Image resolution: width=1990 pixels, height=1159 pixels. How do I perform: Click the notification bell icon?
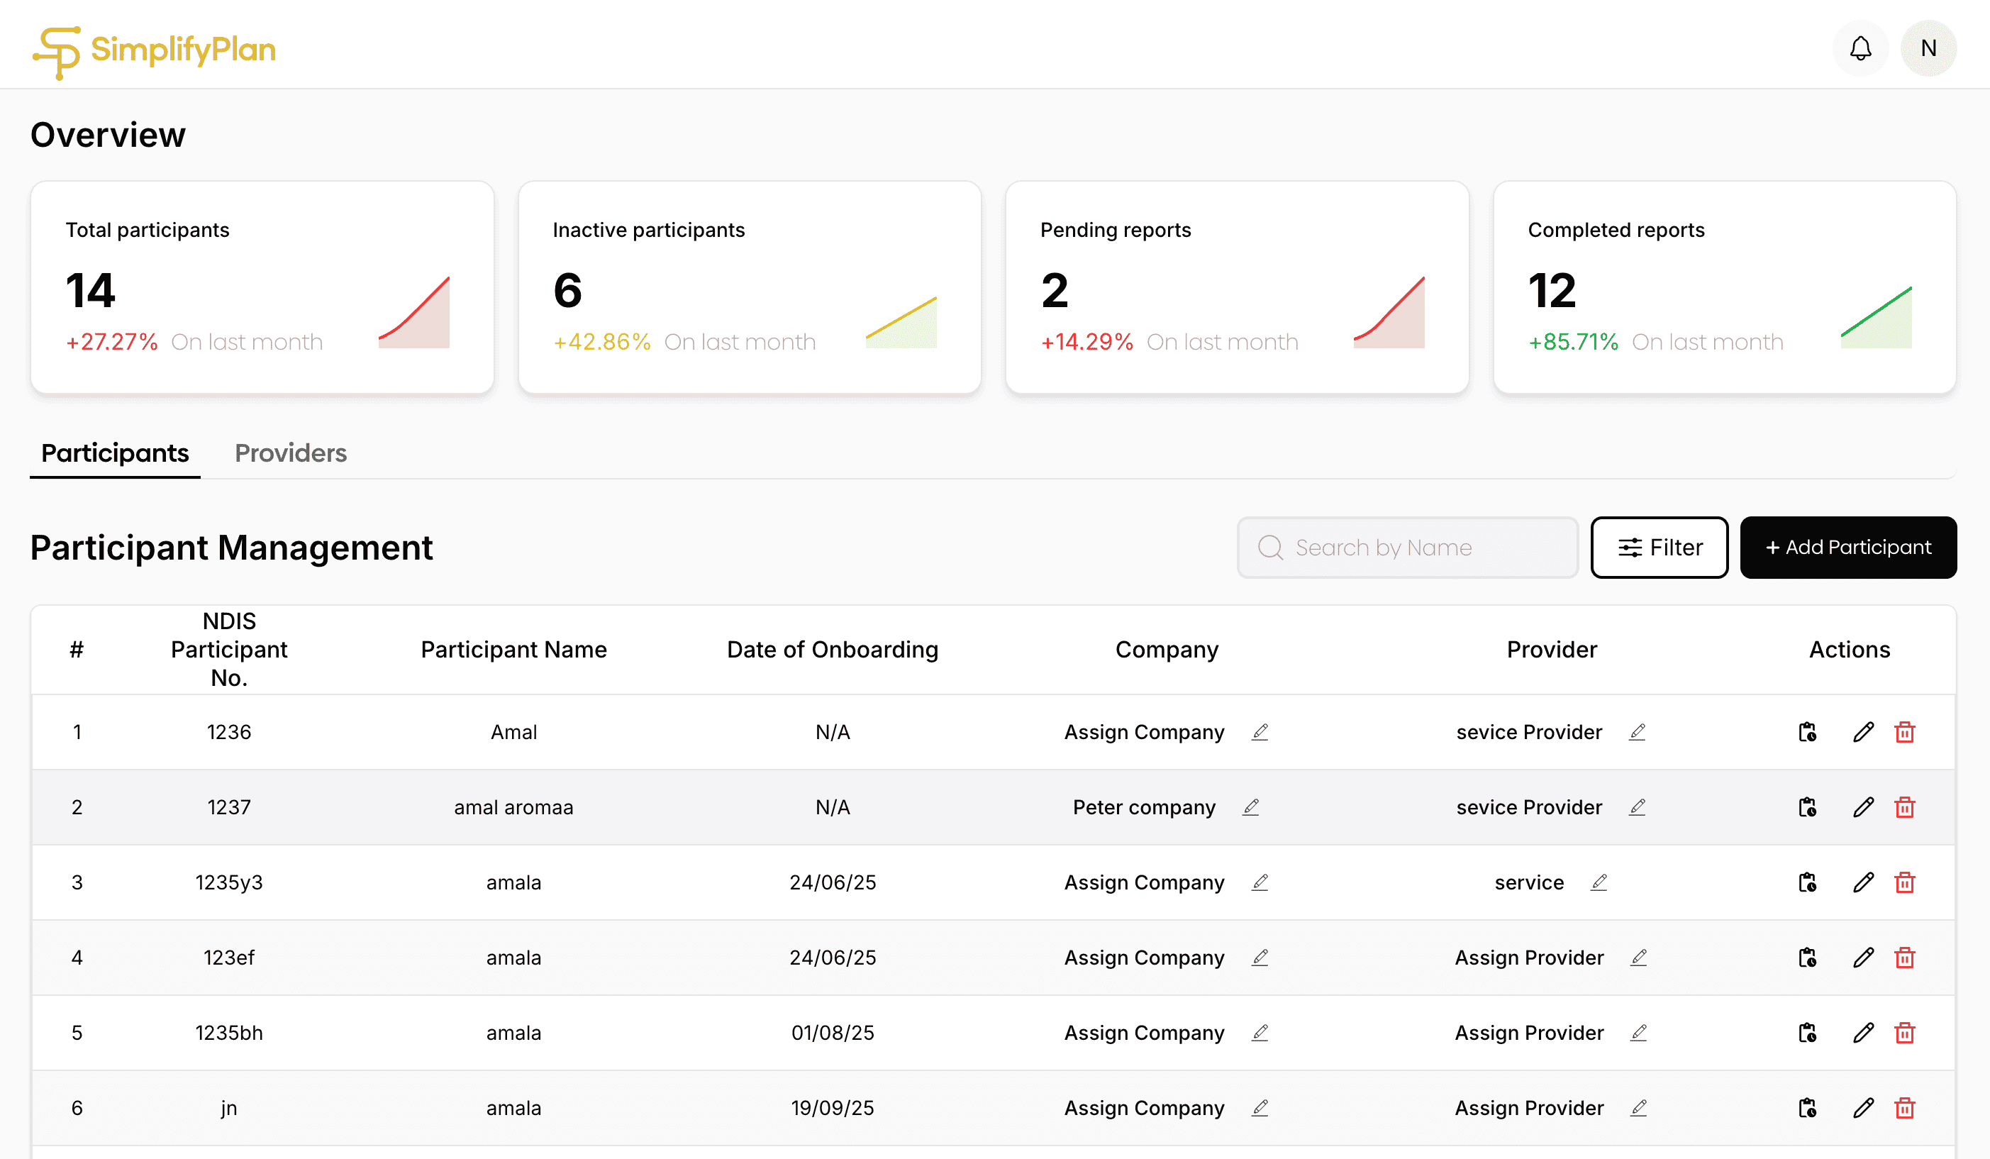pos(1860,48)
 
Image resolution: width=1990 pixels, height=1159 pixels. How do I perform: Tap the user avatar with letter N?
pos(1928,48)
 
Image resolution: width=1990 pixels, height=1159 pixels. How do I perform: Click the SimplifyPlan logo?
pos(154,50)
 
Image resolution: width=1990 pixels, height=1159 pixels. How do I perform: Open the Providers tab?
pos(291,453)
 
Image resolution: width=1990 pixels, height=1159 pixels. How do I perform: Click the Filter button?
pos(1658,548)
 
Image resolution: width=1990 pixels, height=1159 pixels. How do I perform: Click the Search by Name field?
pos(1407,548)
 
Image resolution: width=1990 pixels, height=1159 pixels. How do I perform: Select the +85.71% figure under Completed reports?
pos(1572,342)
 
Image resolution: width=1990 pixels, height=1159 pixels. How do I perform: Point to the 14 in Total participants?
pos(91,291)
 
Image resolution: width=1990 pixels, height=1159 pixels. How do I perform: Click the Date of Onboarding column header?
pos(833,650)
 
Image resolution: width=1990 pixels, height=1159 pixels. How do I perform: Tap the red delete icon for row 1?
pos(1904,733)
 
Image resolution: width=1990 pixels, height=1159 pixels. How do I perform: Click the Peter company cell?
pos(1143,807)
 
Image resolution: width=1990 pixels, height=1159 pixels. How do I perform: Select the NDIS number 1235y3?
pos(229,882)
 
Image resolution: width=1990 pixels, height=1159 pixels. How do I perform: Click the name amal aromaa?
pos(513,807)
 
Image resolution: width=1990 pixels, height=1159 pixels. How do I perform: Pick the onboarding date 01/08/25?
pos(833,1033)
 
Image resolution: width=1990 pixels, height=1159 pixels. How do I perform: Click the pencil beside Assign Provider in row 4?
pos(1638,958)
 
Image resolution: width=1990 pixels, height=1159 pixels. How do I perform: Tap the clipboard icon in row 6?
pos(1807,1108)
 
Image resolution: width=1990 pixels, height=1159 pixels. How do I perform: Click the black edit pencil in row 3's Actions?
pos(1863,882)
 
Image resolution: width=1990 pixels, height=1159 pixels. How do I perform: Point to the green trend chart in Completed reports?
pos(1876,318)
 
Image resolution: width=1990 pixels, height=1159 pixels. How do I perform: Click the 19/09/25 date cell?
pos(833,1108)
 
